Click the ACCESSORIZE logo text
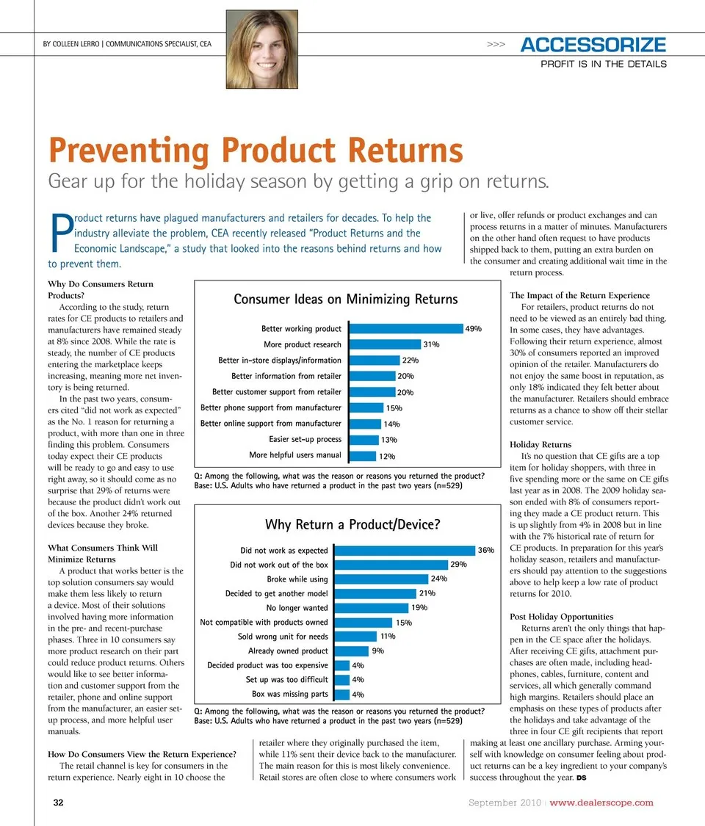point(593,45)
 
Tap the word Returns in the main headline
point(406,150)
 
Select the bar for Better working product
point(405,329)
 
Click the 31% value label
point(431,344)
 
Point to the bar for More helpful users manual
point(362,456)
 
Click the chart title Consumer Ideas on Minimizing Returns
point(345,299)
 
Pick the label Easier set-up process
point(305,439)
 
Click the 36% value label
point(485,550)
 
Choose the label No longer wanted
point(297,608)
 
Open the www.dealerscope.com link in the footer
point(601,803)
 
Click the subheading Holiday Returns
point(540,444)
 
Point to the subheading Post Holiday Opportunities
point(561,616)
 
